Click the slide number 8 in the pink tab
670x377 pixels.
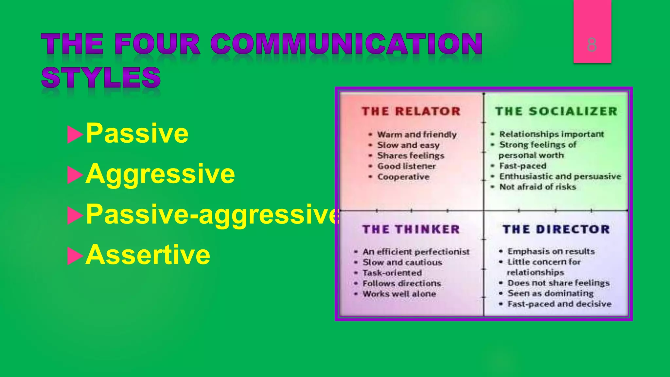tap(592, 45)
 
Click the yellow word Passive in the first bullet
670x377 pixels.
tap(137, 134)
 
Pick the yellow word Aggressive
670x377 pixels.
tap(160, 174)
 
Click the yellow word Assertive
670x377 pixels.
tap(148, 255)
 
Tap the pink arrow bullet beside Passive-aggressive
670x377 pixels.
tap(75, 216)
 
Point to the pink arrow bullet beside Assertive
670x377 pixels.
tap(75, 256)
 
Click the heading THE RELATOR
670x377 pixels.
tap(411, 111)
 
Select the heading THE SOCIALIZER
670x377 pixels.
tap(556, 111)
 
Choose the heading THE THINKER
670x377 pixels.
tap(411, 229)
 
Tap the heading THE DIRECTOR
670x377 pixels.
tap(556, 229)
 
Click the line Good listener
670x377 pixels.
tap(406, 166)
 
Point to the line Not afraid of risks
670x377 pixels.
tap(537, 187)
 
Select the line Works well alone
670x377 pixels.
tap(399, 294)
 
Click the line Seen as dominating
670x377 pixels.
tap(550, 293)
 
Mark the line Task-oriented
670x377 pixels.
tap(392, 273)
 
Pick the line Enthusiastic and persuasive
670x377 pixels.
tap(560, 176)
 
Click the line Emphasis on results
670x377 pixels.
tap(551, 251)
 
